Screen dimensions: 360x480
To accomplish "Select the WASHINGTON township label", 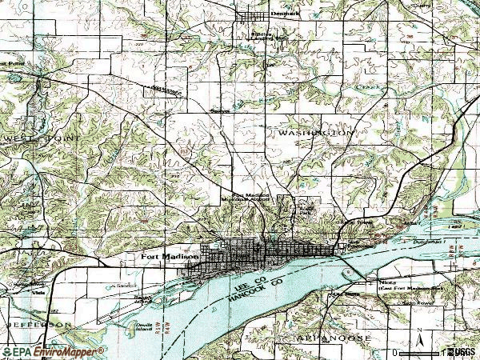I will point(316,134).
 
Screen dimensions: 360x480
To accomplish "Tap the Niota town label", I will point(387,282).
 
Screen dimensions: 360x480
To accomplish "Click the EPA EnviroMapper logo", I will point(53,351).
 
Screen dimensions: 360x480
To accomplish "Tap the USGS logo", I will point(461,351).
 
